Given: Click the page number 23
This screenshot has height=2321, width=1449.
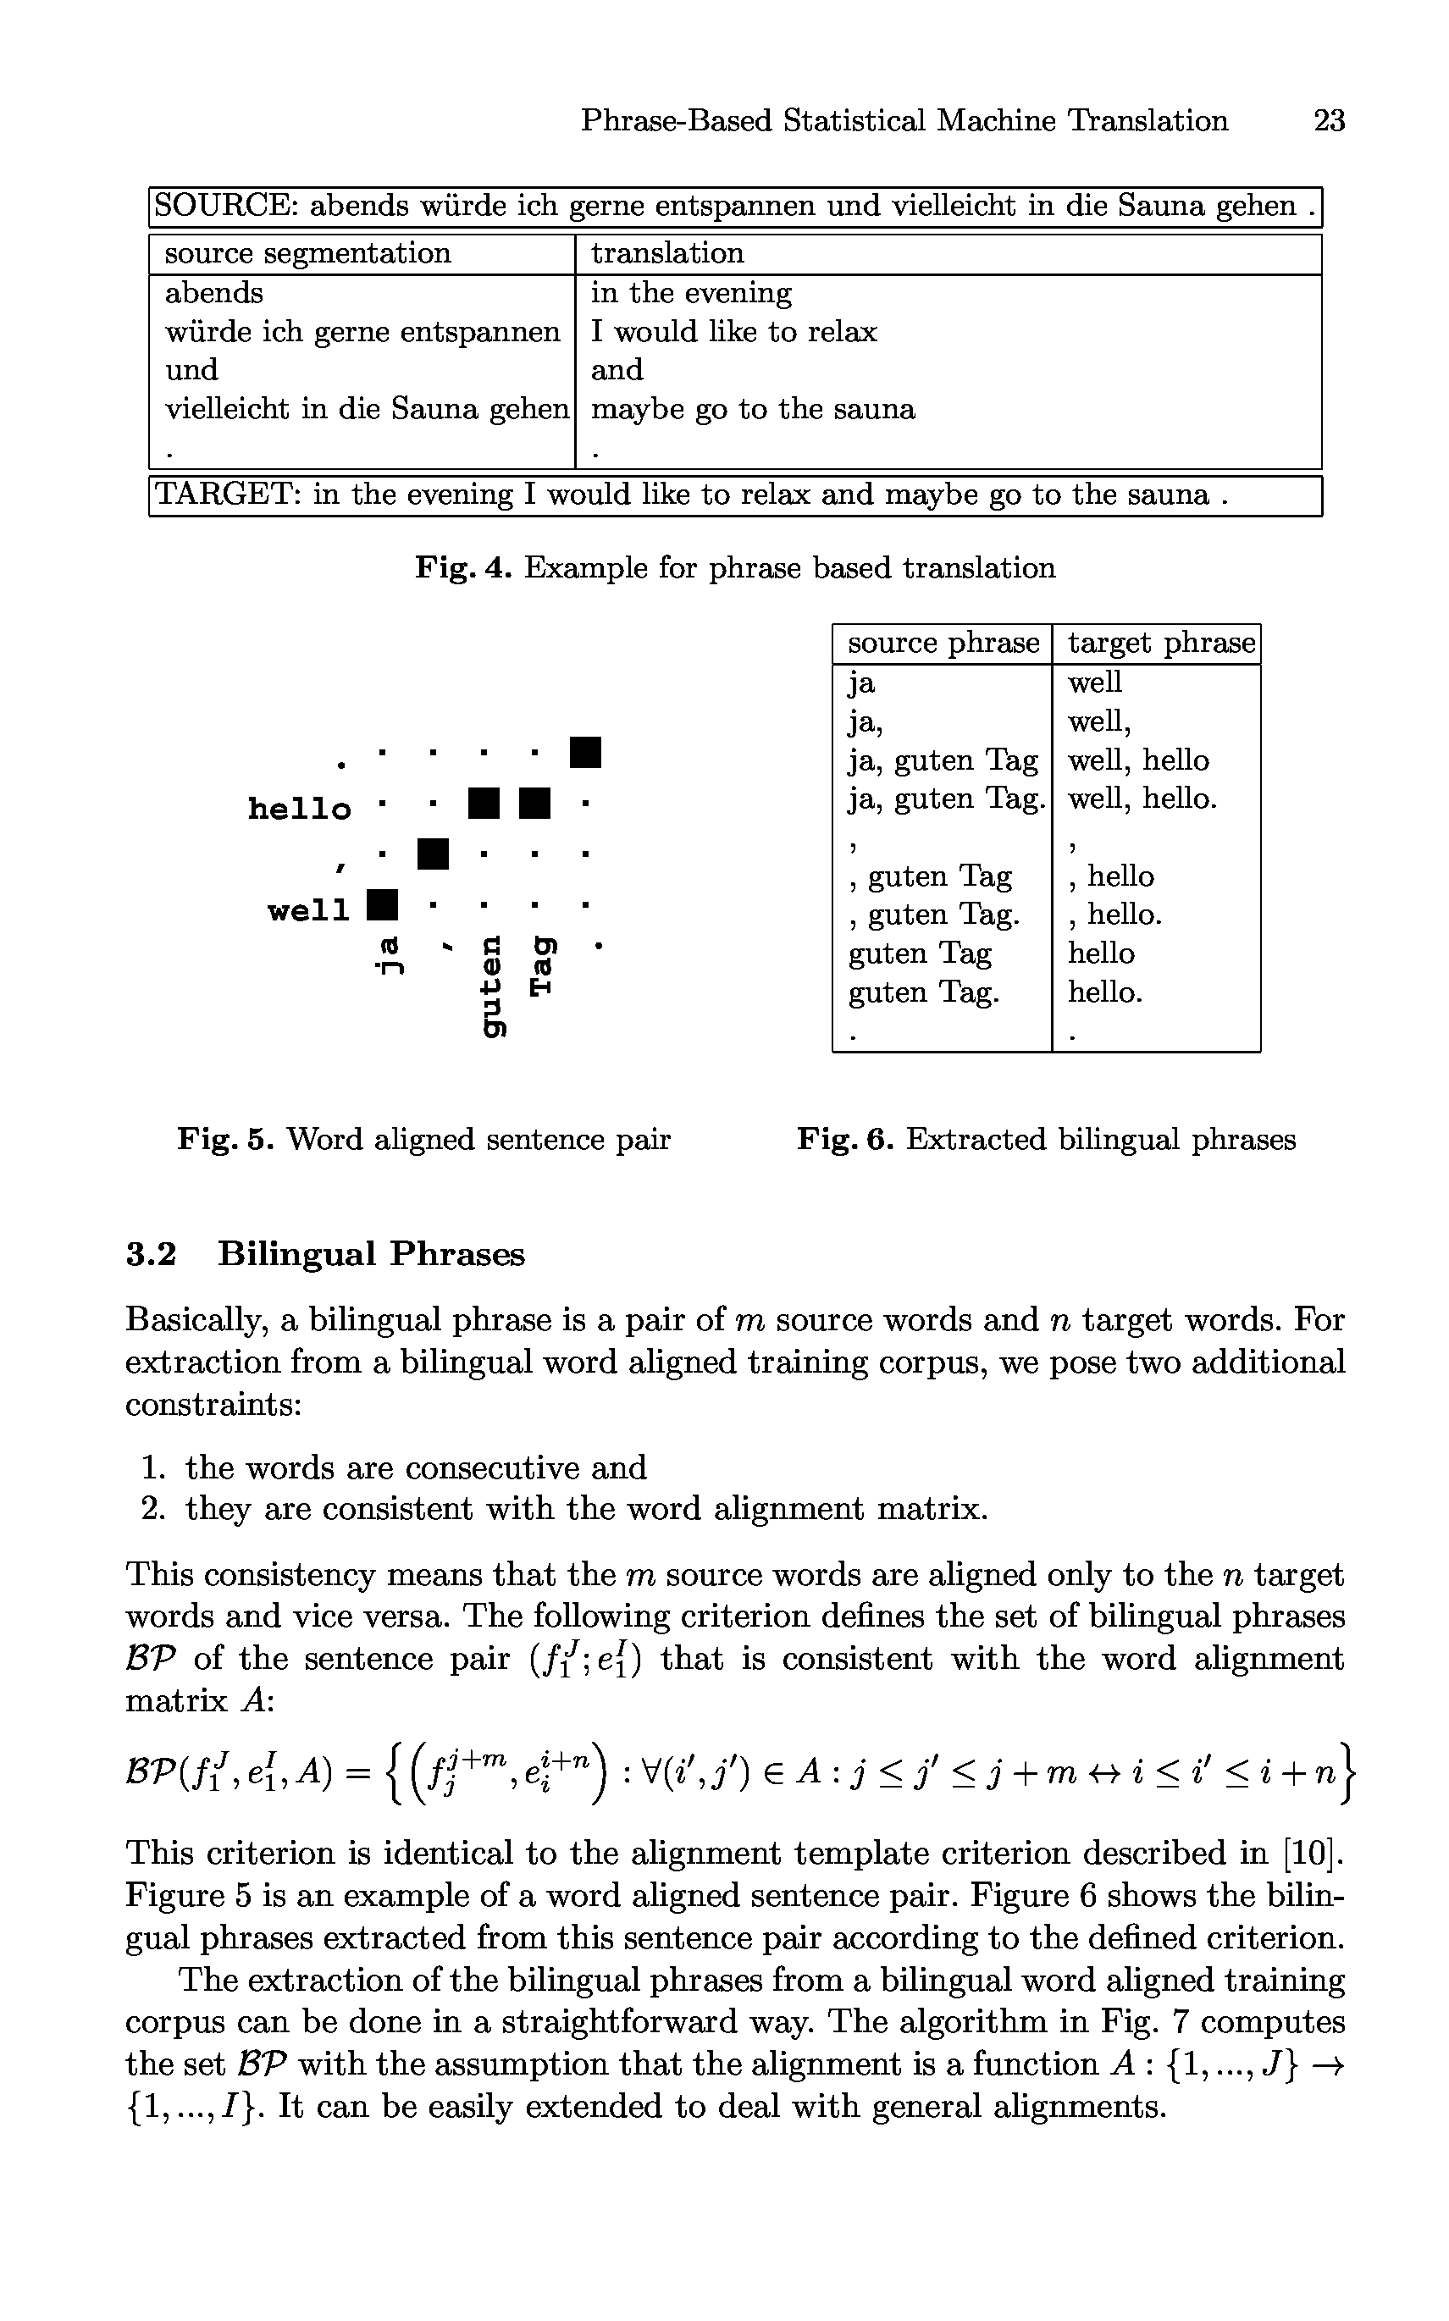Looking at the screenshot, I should click(x=1328, y=121).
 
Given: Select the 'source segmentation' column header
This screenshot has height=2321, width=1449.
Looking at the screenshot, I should click(x=307, y=253).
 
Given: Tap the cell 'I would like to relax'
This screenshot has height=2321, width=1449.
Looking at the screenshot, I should click(x=733, y=331).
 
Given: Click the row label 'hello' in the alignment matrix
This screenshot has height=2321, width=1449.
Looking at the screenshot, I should click(x=299, y=809).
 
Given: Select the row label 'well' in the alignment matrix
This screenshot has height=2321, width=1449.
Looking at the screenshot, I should click(x=308, y=910).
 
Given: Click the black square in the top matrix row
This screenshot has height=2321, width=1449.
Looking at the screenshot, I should click(x=584, y=752).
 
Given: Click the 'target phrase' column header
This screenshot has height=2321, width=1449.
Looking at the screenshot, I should click(x=1160, y=643).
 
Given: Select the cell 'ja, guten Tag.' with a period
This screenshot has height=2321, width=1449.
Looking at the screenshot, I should click(x=945, y=799).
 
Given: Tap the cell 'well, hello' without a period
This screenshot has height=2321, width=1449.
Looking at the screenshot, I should click(x=1138, y=760).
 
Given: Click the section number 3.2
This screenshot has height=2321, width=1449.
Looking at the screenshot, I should click(x=152, y=1254).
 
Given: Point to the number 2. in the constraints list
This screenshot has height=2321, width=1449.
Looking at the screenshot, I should click(x=153, y=1509).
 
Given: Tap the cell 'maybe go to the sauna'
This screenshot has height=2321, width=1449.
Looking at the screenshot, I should click(x=752, y=409).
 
